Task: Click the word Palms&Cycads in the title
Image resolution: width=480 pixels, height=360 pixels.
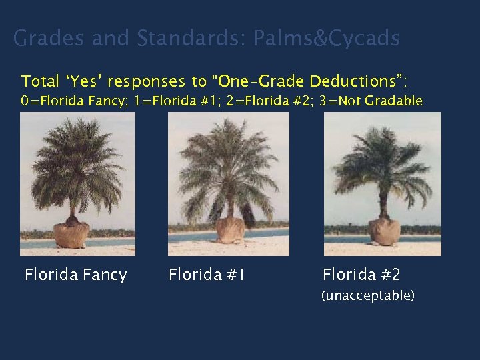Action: (327, 39)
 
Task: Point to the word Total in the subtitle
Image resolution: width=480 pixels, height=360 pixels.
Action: (40, 81)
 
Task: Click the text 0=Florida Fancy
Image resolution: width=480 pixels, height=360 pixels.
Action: (73, 101)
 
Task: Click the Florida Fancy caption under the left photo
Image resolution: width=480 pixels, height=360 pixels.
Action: (75, 275)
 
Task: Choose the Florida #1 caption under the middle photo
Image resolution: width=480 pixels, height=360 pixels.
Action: (207, 275)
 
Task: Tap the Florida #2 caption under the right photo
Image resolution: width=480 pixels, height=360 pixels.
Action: (361, 275)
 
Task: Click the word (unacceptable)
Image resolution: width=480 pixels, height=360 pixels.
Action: (368, 295)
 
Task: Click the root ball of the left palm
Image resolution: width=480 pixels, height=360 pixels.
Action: (72, 234)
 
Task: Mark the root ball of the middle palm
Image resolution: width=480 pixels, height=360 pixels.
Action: (231, 230)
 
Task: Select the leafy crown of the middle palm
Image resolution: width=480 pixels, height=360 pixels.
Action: (227, 163)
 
